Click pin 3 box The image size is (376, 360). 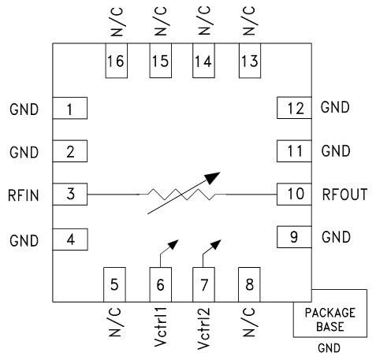point(69,194)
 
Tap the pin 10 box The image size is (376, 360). point(294,194)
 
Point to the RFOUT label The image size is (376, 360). point(344,195)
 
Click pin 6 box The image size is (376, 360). point(161,284)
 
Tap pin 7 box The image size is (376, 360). point(204,284)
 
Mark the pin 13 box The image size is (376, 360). point(248,61)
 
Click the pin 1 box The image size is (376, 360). point(69,109)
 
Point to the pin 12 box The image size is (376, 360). point(294,109)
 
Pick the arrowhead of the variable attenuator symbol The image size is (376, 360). point(214,177)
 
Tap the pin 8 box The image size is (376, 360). point(248,284)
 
